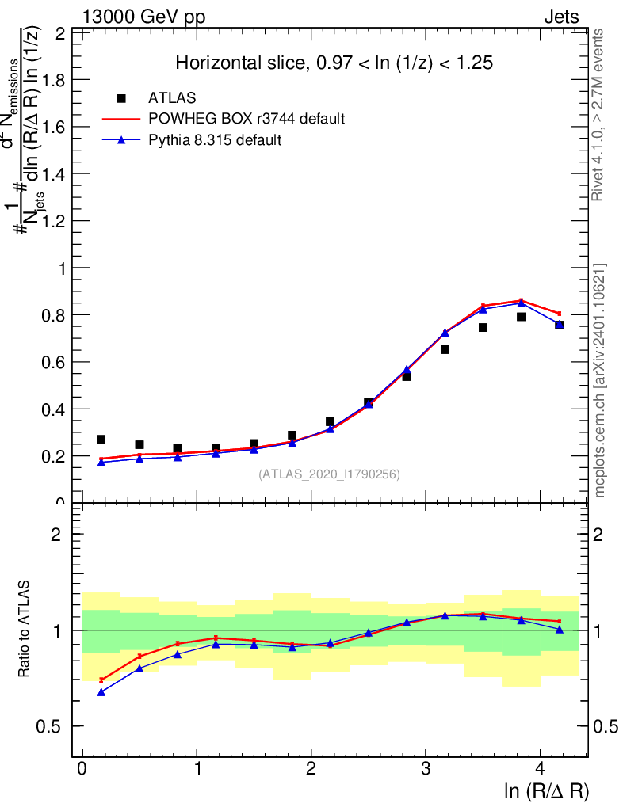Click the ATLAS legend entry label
pos(172,98)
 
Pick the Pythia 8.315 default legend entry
pos(215,141)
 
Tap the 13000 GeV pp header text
pos(143,17)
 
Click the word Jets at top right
pos(561,17)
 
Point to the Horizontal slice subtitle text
pos(334,63)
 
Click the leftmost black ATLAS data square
pos(101,440)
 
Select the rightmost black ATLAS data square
pos(559,325)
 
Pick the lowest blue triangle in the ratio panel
pos(101,692)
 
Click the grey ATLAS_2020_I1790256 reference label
pos(329,474)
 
